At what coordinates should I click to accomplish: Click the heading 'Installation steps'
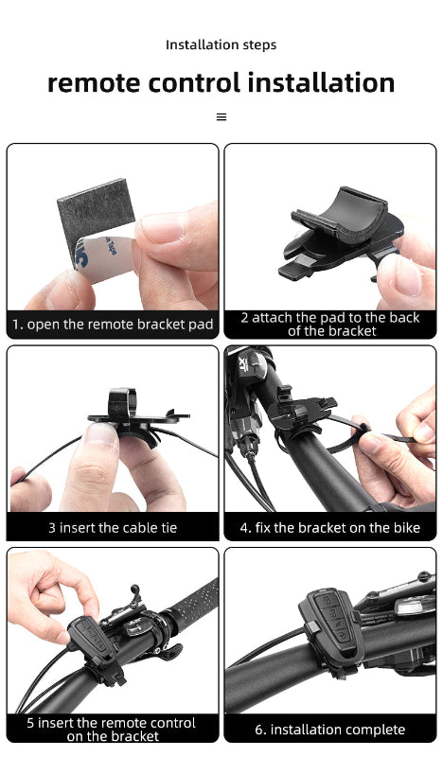tap(221, 44)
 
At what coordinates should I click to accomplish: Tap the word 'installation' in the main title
tap(321, 83)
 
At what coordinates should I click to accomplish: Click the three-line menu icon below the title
tap(221, 117)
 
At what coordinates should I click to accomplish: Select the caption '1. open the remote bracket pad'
tap(113, 325)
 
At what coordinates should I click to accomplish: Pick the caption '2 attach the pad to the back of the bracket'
tap(330, 325)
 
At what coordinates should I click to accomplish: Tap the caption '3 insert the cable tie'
tap(113, 527)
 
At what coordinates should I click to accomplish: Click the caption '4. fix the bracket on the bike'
tap(330, 527)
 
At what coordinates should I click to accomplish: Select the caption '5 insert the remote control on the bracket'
tap(113, 729)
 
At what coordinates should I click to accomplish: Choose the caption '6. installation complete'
tap(330, 730)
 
